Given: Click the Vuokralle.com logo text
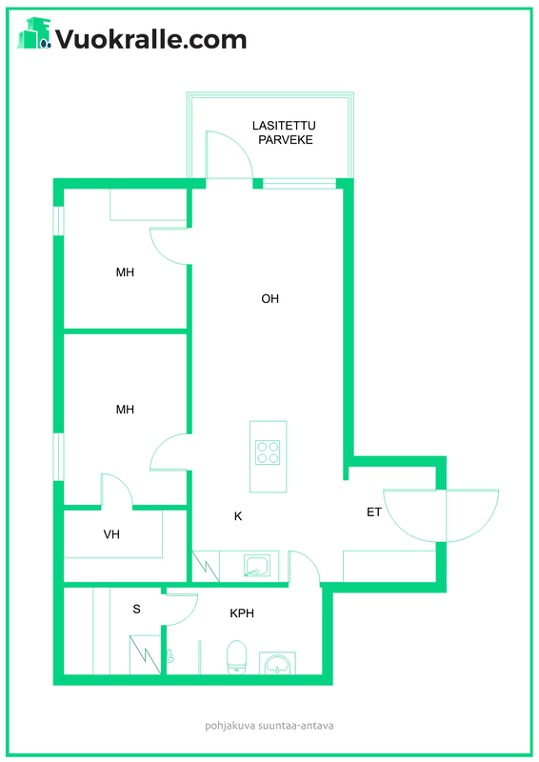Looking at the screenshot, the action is (151, 39).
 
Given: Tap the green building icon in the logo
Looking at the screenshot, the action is (34, 33).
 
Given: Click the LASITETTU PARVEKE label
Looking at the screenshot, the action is (285, 132).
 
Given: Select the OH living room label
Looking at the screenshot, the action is (270, 298).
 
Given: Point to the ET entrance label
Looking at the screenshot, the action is (373, 511).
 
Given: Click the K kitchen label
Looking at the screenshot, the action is (238, 516).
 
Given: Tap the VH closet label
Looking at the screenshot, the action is (111, 534).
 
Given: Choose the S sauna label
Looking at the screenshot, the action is (136, 609).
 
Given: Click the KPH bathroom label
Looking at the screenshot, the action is (242, 613).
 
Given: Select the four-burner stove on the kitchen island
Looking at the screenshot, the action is (268, 452).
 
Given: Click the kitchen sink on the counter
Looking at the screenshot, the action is (257, 565).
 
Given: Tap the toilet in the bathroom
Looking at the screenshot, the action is (237, 657).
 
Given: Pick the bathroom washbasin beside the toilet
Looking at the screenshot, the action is (277, 663).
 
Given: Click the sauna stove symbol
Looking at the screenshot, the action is (145, 654).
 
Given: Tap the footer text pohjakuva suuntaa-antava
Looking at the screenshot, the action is (269, 726).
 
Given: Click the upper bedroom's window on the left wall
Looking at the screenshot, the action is (59, 221).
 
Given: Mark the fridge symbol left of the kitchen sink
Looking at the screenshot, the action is (206, 566).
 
